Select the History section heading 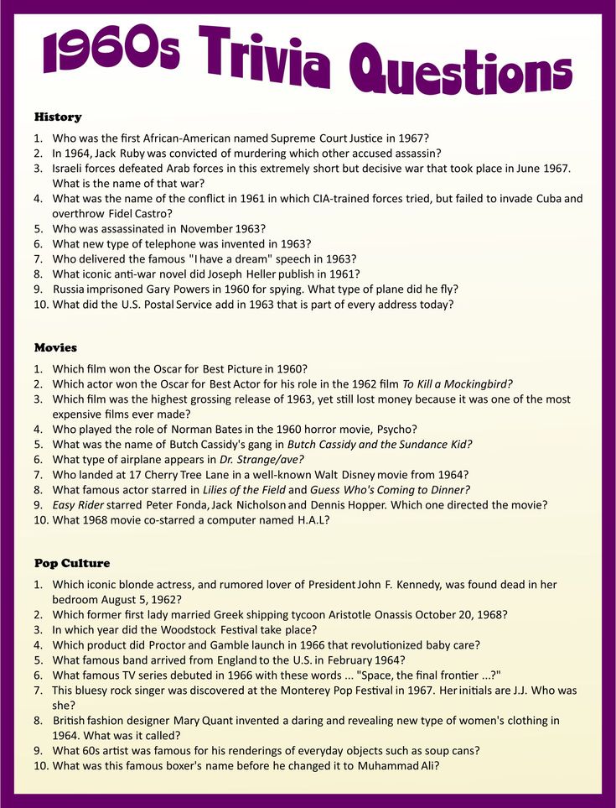(x=58, y=117)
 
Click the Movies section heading (x=55, y=347)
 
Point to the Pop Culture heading (x=72, y=563)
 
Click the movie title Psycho (x=396, y=430)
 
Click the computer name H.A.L (x=309, y=520)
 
